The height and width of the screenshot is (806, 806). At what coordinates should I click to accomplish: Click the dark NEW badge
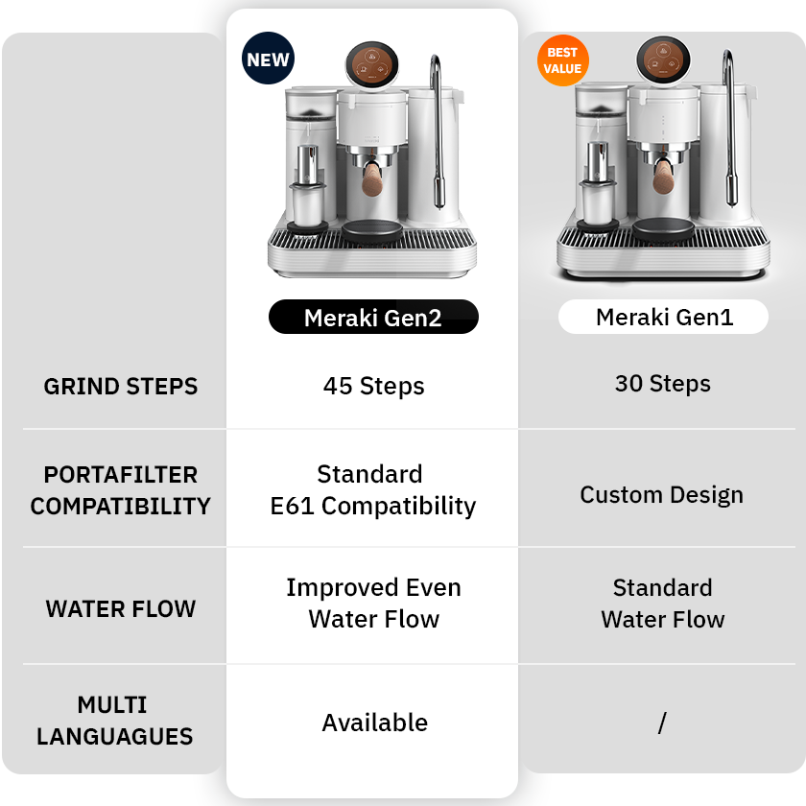click(268, 59)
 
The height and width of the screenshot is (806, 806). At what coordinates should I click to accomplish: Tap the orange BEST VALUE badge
click(562, 60)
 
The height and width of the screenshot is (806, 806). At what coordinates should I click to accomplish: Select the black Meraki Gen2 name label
click(372, 318)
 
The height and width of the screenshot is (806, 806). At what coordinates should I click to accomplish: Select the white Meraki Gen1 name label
click(664, 317)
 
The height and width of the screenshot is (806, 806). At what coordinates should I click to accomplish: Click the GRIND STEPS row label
click(121, 387)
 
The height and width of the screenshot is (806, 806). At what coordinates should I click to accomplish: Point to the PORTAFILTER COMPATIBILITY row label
click(121, 490)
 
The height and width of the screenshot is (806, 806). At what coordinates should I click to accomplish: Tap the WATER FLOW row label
click(121, 608)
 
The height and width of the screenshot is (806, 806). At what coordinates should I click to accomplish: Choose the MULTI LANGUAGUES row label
click(115, 721)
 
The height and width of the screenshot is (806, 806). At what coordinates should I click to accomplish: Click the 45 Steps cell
click(373, 387)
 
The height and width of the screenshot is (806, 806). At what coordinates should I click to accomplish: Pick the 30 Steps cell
click(663, 384)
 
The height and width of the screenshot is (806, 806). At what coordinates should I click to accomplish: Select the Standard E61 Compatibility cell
click(372, 490)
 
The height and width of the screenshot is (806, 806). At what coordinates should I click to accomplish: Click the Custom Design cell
click(661, 495)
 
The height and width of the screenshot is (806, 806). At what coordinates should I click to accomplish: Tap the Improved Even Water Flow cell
click(373, 603)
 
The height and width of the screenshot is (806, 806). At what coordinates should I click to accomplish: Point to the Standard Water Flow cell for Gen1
click(663, 603)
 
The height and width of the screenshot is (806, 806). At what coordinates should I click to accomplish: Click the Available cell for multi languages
click(374, 723)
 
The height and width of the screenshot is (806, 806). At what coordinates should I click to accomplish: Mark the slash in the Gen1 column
click(662, 723)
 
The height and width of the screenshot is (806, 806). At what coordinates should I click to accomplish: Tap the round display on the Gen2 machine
click(372, 64)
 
